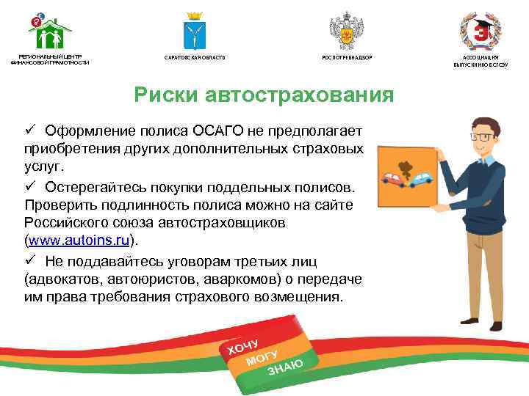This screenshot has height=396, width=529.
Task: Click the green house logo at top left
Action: (x=49, y=32)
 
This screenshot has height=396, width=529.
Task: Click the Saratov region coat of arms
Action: (x=194, y=32)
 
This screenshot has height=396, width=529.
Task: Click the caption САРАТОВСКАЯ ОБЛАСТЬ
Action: (x=195, y=57)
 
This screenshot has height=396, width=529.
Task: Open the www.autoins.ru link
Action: (x=80, y=240)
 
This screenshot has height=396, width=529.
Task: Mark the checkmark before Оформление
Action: (x=30, y=131)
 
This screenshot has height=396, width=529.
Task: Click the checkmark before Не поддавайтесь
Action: (x=30, y=260)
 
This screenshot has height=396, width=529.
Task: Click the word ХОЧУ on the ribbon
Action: (x=243, y=342)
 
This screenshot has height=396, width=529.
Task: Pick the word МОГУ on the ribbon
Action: (x=262, y=354)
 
